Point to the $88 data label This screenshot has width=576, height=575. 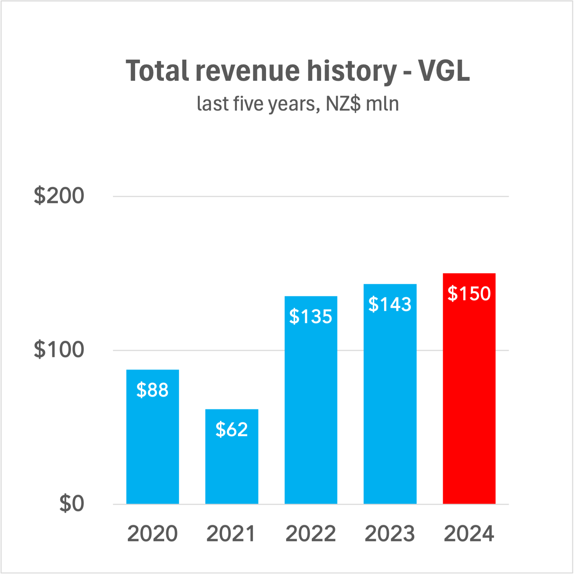152,390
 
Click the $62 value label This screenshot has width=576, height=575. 232,430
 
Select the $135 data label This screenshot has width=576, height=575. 311,316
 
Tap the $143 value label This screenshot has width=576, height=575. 390,304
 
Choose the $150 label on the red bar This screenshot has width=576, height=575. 469,294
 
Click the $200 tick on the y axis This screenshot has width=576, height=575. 59,195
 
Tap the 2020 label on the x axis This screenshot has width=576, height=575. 152,534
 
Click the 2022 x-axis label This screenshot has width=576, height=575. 311,534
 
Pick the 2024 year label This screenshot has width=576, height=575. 469,534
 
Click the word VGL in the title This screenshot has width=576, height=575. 444,71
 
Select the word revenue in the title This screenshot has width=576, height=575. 247,71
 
